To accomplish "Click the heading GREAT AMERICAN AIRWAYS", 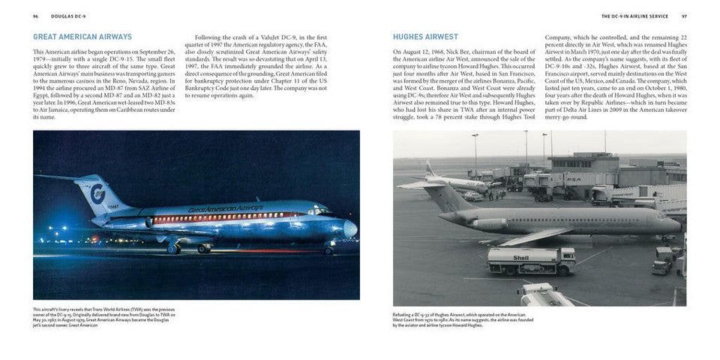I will [82, 37].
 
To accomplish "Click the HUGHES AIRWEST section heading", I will [425, 37].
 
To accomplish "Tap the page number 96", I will [35, 16].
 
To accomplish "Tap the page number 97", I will [683, 16].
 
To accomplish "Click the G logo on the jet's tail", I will [96, 193].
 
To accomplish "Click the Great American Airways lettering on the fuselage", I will [225, 209].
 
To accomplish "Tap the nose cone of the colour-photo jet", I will [350, 228].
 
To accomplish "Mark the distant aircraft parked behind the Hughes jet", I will [450, 180].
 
